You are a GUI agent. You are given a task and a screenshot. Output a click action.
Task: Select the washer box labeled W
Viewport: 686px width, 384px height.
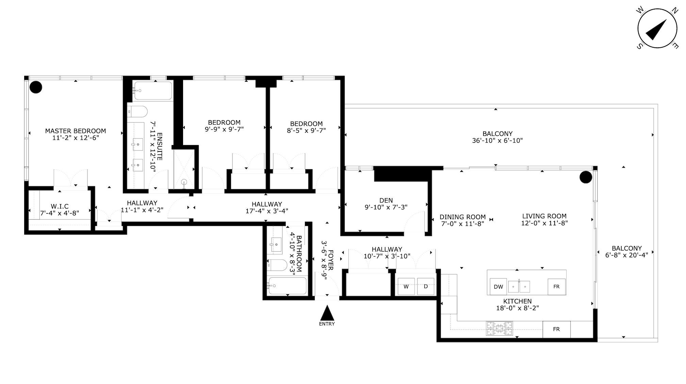[x=406, y=287]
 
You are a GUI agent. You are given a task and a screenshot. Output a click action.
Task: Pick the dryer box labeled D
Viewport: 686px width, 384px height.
[x=426, y=287]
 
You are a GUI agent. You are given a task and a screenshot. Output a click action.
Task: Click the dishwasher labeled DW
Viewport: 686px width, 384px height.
[x=498, y=287]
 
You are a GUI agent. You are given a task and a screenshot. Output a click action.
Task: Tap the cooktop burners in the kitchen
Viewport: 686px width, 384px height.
[x=499, y=329]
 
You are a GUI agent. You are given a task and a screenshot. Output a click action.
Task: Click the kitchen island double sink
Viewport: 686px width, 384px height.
[x=519, y=287]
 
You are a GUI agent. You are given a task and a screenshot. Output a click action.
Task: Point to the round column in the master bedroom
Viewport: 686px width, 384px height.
[x=36, y=87]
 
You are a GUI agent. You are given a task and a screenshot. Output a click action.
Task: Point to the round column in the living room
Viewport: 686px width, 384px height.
[x=586, y=177]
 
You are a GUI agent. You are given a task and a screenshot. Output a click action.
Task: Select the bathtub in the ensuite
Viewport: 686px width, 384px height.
[x=153, y=91]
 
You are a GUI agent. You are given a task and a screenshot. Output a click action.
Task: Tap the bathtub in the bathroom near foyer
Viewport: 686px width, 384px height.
[x=288, y=286]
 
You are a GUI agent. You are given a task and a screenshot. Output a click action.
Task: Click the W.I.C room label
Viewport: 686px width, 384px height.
[x=60, y=206]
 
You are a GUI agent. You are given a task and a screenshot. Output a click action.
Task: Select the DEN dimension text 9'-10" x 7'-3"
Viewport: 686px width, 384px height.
[x=386, y=207]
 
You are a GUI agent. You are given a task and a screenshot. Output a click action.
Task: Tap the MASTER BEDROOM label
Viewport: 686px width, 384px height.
[x=76, y=131]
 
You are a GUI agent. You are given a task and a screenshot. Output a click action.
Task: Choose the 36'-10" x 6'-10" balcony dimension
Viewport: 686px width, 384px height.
[x=497, y=140]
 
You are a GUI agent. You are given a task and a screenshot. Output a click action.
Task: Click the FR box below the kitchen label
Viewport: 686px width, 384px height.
[x=556, y=329]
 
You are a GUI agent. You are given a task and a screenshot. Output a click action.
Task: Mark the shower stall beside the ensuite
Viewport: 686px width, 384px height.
[x=184, y=169]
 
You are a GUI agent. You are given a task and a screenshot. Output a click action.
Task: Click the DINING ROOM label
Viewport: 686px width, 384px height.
[x=462, y=217]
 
